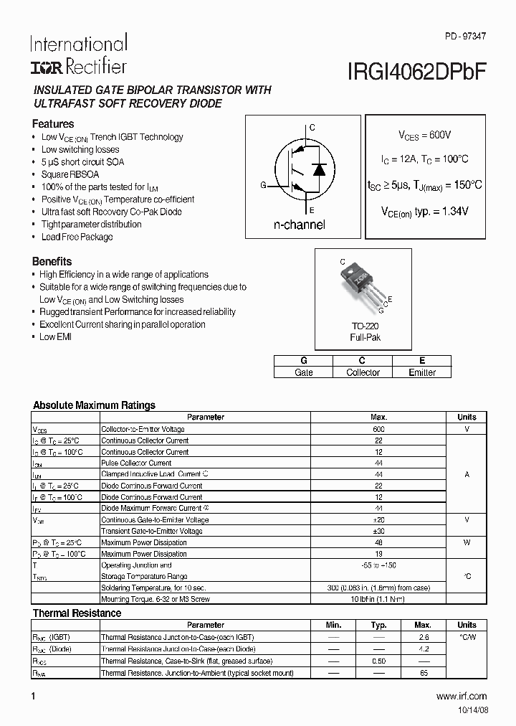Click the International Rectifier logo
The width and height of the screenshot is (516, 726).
pyautogui.click(x=78, y=55)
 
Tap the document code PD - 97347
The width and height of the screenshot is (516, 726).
pyautogui.click(x=464, y=36)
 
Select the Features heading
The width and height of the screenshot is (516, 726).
pyautogui.click(x=53, y=123)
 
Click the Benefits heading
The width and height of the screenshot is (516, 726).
pyautogui.click(x=52, y=261)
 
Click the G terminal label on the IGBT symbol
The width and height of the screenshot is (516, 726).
pyautogui.click(x=263, y=185)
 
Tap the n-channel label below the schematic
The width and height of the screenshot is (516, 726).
pyautogui.click(x=299, y=225)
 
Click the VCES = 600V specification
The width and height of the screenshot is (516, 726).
pyautogui.click(x=424, y=134)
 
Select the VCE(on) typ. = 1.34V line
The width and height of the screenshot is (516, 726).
pyautogui.click(x=424, y=212)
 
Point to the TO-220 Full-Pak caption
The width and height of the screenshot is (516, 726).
pyautogui.click(x=365, y=331)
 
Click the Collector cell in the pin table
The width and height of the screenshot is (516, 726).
pyautogui.click(x=363, y=372)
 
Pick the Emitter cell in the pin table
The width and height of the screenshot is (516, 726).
pyautogui.click(x=422, y=372)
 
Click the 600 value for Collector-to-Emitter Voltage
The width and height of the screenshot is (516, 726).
pyautogui.click(x=378, y=428)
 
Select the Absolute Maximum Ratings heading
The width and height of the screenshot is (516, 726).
pyautogui.click(x=94, y=405)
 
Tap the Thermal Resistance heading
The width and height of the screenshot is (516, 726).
pyautogui.click(x=77, y=613)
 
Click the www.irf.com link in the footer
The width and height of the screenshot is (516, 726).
pyautogui.click(x=461, y=696)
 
